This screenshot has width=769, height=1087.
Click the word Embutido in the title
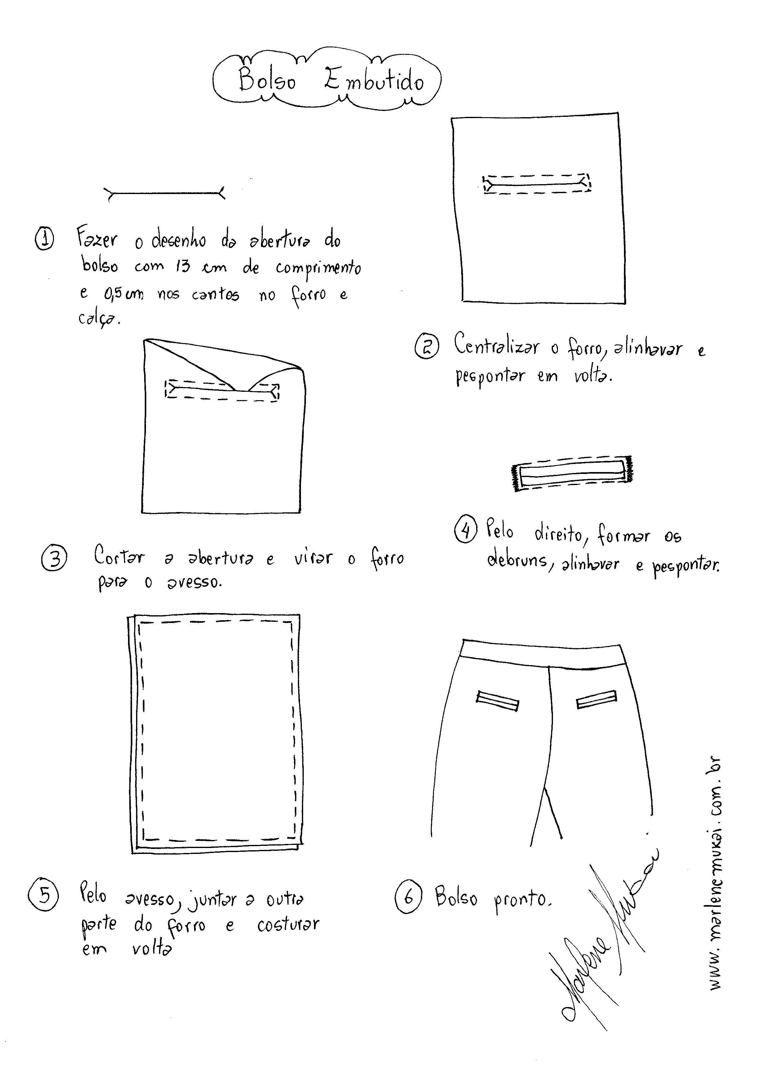374,81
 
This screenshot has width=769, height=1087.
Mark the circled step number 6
408,897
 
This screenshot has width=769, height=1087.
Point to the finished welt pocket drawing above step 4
572,473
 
